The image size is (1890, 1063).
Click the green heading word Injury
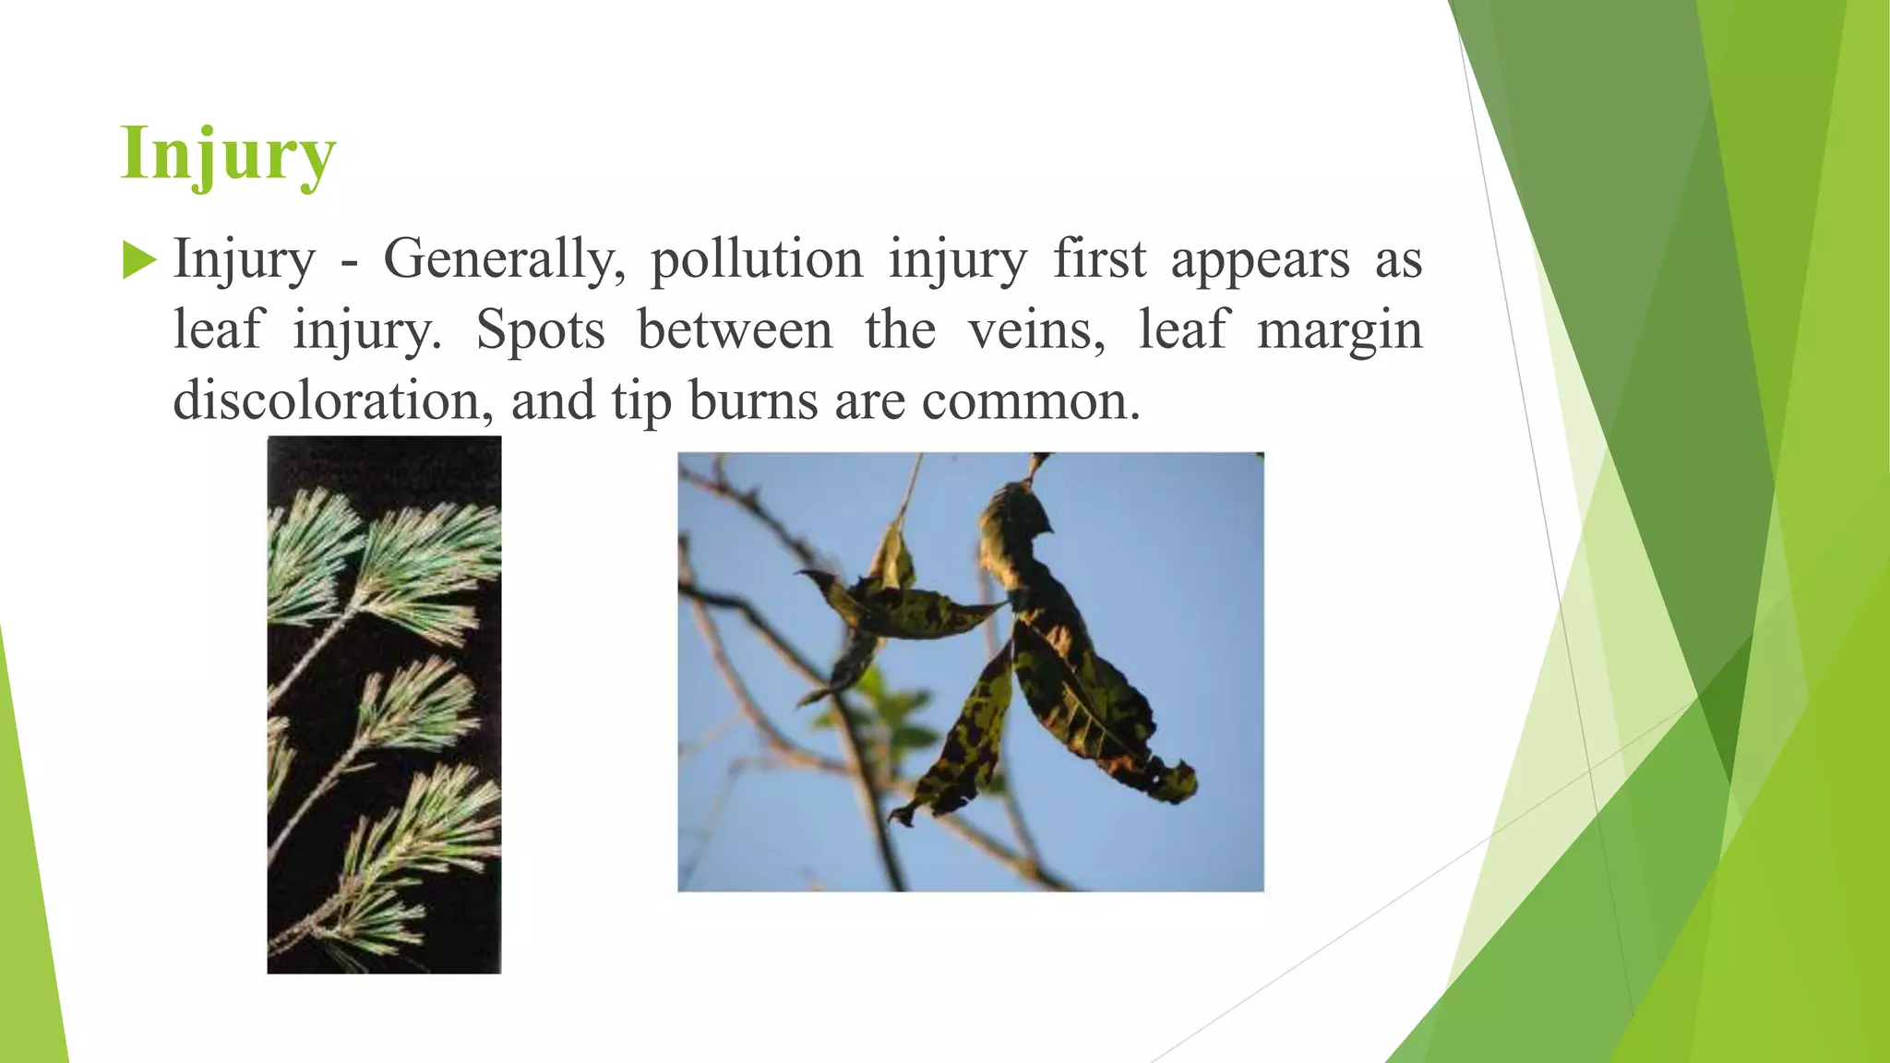[x=228, y=154]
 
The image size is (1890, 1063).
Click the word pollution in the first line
[x=757, y=259]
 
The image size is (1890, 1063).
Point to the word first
[x=1100, y=259]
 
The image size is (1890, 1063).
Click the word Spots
[x=541, y=330]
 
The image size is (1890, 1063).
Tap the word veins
[x=1036, y=330]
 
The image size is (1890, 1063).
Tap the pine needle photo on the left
[x=384, y=704]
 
